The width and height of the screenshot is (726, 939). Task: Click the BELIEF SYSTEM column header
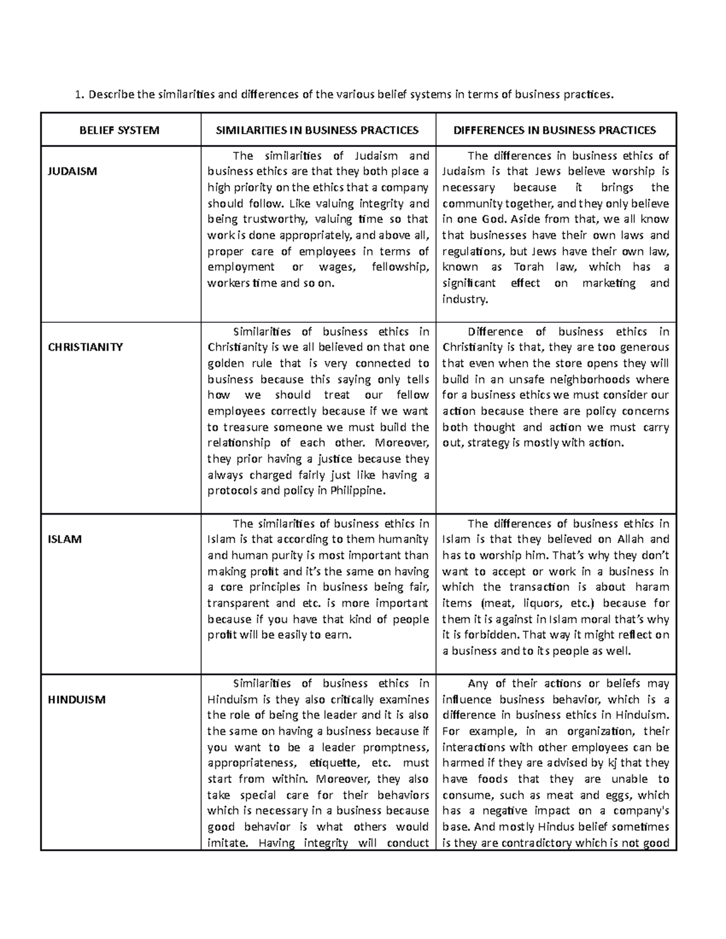tap(120, 130)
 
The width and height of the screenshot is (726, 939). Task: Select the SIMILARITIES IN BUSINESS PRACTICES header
tap(318, 130)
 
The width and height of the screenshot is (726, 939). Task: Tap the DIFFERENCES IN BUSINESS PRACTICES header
tap(555, 130)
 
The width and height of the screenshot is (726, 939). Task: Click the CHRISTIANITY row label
tap(85, 347)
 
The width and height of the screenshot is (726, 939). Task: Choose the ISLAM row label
tap(64, 539)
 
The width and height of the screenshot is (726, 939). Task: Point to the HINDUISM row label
tap(76, 700)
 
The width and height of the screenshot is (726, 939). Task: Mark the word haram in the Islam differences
tap(652, 587)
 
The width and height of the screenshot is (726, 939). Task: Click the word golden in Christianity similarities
tap(226, 363)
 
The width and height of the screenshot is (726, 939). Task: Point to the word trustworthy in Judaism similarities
tap(267, 219)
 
